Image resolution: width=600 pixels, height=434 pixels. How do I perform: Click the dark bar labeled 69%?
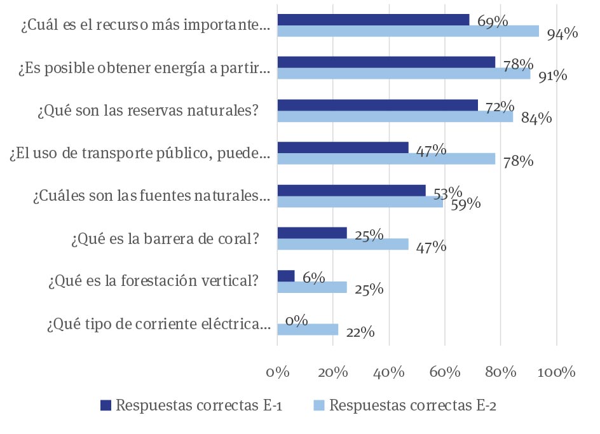click(373, 20)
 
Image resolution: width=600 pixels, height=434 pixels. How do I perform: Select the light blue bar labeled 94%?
click(408, 32)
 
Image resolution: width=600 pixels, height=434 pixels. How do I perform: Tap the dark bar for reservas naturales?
click(378, 105)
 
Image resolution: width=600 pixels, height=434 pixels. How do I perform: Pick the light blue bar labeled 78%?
click(386, 159)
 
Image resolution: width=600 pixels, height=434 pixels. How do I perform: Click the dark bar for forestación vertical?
click(286, 276)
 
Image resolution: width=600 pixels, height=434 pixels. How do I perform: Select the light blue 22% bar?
click(308, 329)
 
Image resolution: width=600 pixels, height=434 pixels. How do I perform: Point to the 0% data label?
click(297, 320)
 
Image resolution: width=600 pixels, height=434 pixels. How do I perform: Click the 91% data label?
click(552, 76)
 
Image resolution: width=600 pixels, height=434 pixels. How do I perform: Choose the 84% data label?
click(536, 118)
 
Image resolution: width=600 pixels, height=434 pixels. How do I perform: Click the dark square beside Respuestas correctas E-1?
click(106, 405)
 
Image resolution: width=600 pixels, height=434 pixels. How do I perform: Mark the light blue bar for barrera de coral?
click(343, 244)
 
